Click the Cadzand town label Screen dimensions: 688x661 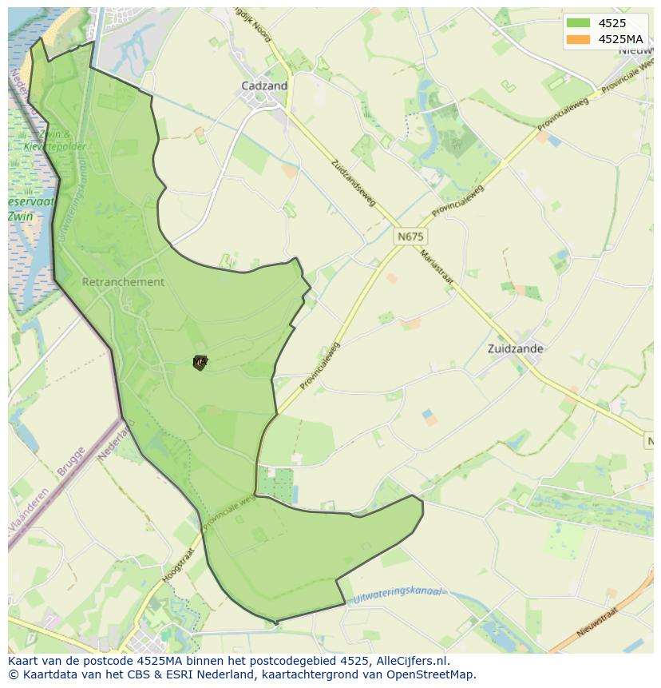(264, 86)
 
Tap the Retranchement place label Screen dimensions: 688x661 (123, 282)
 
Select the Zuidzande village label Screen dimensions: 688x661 (515, 348)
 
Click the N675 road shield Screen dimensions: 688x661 (410, 237)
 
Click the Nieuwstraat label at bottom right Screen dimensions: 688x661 (595, 623)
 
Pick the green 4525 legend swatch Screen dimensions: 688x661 (578, 23)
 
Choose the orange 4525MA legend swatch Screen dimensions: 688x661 (578, 39)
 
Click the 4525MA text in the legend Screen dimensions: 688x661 (620, 39)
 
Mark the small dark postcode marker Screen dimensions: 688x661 (200, 363)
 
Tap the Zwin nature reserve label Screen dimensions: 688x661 (21, 216)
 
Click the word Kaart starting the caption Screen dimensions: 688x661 (23, 661)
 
